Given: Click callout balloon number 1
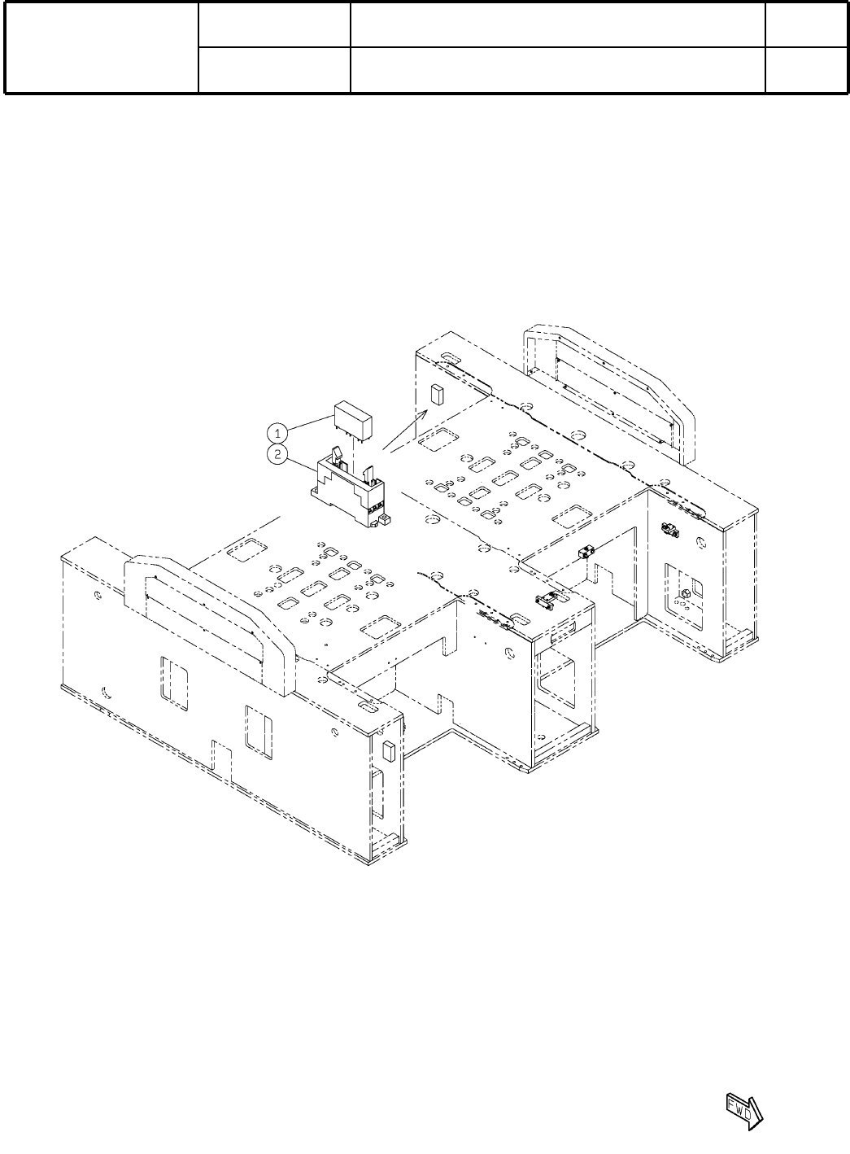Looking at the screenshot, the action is pyautogui.click(x=278, y=433).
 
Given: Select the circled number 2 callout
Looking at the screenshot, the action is pyautogui.click(x=278, y=454).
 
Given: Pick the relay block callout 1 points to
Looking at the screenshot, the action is pyautogui.click(x=354, y=419).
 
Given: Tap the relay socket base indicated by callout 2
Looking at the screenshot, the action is pyautogui.click(x=349, y=493).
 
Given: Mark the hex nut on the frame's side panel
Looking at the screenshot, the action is pyautogui.click(x=685, y=593).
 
